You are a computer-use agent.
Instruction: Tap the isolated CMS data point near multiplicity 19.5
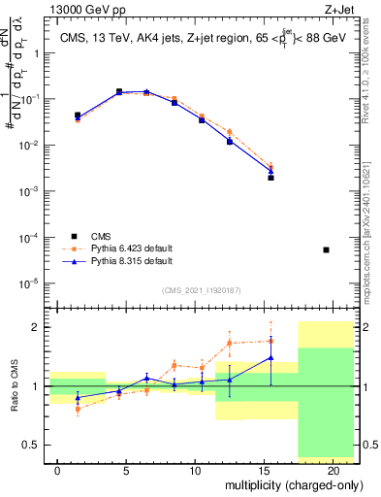(x=326, y=250)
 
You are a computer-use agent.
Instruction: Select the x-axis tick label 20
(x=333, y=469)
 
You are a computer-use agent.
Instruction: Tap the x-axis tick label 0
(x=58, y=469)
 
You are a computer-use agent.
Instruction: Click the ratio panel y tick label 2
(x=36, y=327)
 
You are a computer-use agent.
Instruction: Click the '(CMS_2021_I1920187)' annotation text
(x=203, y=289)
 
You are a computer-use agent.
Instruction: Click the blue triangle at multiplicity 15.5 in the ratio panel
(x=271, y=357)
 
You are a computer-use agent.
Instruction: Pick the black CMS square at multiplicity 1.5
(x=78, y=116)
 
